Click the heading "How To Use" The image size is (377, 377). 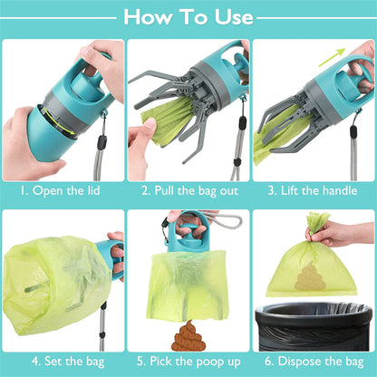click(x=188, y=16)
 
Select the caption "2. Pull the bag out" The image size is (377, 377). click(x=188, y=191)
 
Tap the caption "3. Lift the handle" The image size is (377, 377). click(x=314, y=191)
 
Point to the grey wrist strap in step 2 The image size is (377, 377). click(x=239, y=136)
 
